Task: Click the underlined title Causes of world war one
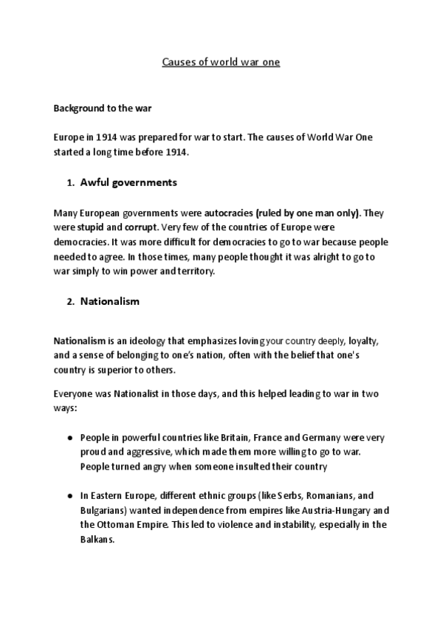click(x=221, y=63)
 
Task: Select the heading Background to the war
click(x=103, y=108)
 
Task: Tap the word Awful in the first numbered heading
click(x=95, y=182)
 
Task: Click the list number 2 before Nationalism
click(x=69, y=301)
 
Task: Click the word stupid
click(x=89, y=227)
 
